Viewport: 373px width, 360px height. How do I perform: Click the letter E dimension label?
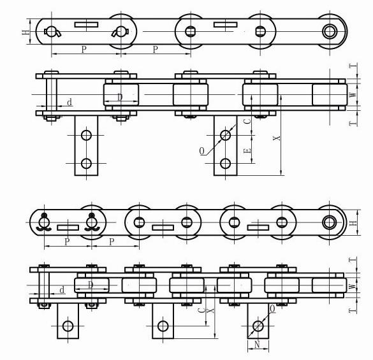point(247,151)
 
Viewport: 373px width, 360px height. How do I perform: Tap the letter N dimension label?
point(257,344)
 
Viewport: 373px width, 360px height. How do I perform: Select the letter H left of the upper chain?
point(26,32)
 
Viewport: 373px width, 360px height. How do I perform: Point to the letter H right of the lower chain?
point(354,223)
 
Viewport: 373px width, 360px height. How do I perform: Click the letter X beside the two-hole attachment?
point(277,138)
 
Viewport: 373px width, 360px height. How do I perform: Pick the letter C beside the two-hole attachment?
point(247,121)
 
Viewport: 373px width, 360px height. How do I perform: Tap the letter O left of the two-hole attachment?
point(201,151)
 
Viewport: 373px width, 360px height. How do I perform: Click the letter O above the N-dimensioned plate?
point(272,309)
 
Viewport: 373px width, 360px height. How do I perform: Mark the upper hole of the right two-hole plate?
point(225,135)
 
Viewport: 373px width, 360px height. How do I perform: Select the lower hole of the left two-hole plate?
point(86,163)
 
